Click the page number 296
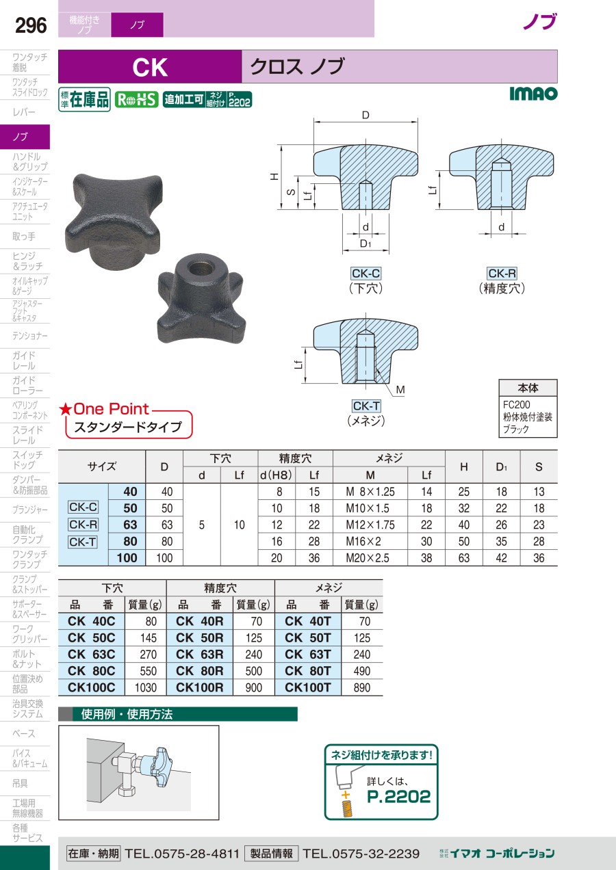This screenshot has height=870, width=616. click(31, 25)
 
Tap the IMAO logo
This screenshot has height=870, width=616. click(533, 94)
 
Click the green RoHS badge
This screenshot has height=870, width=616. click(137, 100)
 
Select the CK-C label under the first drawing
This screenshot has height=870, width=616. click(365, 274)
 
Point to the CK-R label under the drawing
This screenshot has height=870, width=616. click(502, 274)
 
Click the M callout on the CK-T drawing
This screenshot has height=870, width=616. click(400, 390)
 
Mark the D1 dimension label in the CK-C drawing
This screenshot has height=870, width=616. click(365, 243)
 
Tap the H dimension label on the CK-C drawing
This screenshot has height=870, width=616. click(274, 176)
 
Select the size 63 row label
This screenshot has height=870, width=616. click(130, 525)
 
